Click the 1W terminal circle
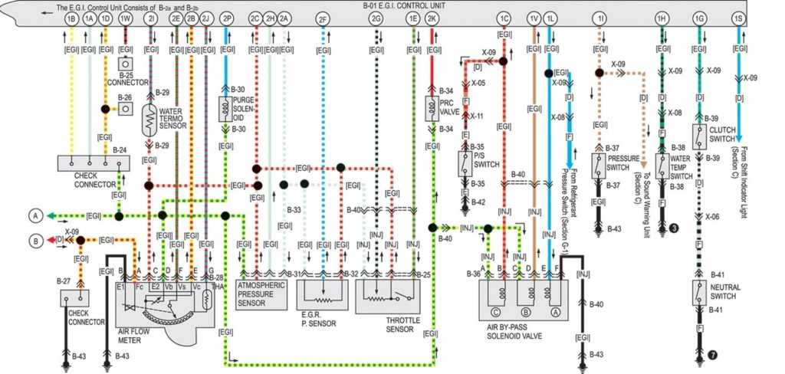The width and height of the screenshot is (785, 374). coord(125,17)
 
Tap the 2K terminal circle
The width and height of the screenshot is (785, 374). coord(433,17)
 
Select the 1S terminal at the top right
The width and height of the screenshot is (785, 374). coord(737,17)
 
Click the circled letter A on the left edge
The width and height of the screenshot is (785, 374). coord(34,216)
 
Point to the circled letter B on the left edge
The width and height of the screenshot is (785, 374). coord(34,240)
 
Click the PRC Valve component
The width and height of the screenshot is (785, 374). coord(432,108)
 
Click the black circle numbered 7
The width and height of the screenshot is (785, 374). coord(712,355)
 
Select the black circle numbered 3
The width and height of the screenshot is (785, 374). coord(673,228)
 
